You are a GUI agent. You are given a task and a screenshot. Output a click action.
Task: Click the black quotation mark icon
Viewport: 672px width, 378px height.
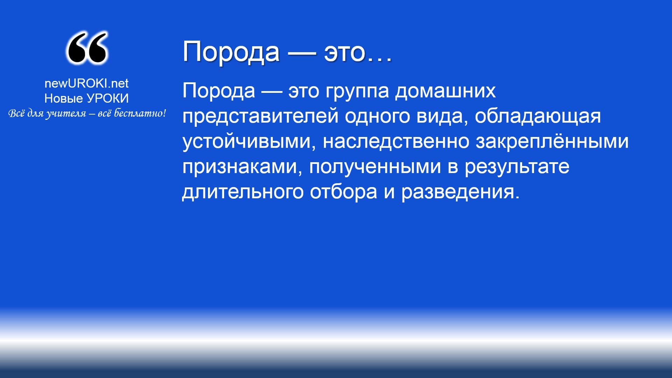[x=87, y=48]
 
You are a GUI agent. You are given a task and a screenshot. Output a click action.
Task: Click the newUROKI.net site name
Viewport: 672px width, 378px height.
[x=86, y=83]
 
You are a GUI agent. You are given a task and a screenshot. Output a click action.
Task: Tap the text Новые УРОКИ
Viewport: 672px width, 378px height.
[x=86, y=98]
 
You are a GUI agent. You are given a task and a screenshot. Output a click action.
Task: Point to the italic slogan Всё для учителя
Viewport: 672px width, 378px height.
[x=87, y=114]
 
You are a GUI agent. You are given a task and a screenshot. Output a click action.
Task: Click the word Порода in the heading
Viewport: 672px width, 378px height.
[x=231, y=52]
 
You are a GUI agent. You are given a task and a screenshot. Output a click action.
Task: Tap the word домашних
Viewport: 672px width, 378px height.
[x=445, y=91]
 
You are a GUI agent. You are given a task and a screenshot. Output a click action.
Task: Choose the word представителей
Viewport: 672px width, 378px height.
[x=260, y=117]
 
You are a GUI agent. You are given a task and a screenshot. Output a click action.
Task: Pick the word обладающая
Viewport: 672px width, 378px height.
[x=538, y=117]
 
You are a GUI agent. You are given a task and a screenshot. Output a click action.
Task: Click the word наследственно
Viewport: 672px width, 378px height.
[x=396, y=142]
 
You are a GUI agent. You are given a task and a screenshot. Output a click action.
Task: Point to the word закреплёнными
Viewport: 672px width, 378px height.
[x=552, y=142]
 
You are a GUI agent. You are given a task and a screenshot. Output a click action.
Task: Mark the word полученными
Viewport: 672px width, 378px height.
[x=375, y=167]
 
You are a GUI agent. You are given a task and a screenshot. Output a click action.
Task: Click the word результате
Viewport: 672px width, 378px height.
[x=517, y=167]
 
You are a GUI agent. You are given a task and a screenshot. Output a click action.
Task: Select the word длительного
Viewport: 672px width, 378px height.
[x=243, y=192]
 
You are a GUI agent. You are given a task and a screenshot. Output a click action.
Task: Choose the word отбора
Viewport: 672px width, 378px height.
[x=344, y=192]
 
